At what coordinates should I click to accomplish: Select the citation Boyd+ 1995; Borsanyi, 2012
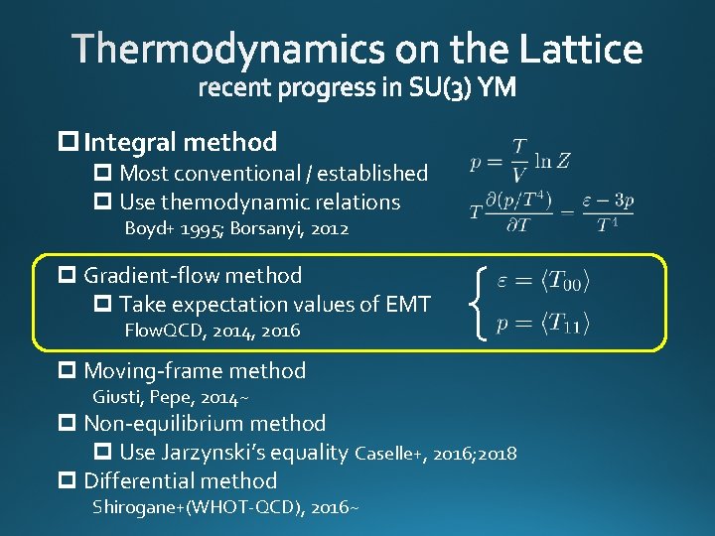[236, 229]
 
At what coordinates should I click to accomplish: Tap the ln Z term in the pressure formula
[552, 160]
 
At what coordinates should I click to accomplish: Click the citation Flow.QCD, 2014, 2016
[212, 331]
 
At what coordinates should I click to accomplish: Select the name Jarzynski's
[252, 454]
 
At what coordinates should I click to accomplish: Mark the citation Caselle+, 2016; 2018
[435, 455]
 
